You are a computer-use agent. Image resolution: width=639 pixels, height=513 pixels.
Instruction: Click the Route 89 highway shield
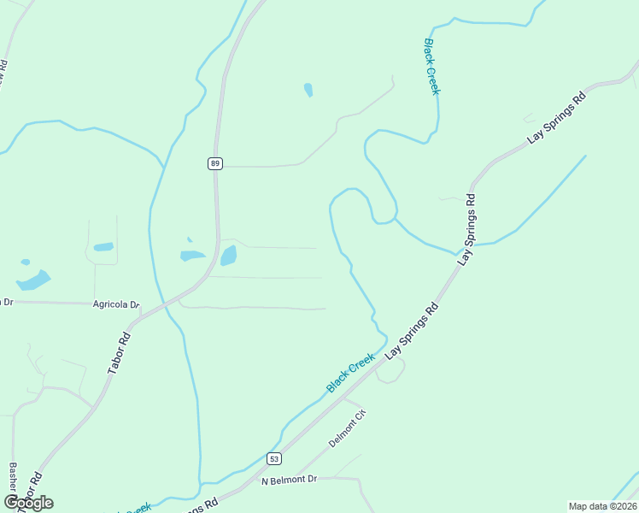[x=215, y=163]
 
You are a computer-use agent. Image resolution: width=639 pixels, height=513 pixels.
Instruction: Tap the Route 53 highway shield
[x=273, y=458]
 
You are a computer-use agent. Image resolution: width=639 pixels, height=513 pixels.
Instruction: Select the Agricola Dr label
[x=116, y=304]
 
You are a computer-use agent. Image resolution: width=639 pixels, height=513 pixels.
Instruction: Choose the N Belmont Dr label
[x=289, y=481]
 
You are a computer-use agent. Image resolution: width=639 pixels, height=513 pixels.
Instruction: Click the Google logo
[x=29, y=503]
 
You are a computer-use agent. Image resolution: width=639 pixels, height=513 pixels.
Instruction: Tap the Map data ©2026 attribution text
[x=602, y=506]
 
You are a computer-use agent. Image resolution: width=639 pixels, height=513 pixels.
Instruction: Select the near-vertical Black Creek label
[x=431, y=66]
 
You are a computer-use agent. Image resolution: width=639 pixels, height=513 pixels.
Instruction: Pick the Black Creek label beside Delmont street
[x=350, y=374]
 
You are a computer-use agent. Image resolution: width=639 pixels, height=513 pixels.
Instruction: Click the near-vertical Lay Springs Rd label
[x=467, y=228]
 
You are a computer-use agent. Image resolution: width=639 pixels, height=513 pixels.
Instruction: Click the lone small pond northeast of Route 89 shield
[x=308, y=90]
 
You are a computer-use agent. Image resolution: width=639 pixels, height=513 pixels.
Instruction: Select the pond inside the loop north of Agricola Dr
[x=103, y=247]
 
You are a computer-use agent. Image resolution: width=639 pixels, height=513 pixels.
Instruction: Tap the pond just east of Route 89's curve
[x=229, y=256]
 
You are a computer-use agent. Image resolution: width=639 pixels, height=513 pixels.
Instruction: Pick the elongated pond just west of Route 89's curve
[x=192, y=255]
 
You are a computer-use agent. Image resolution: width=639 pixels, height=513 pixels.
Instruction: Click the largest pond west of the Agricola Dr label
[x=33, y=280]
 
